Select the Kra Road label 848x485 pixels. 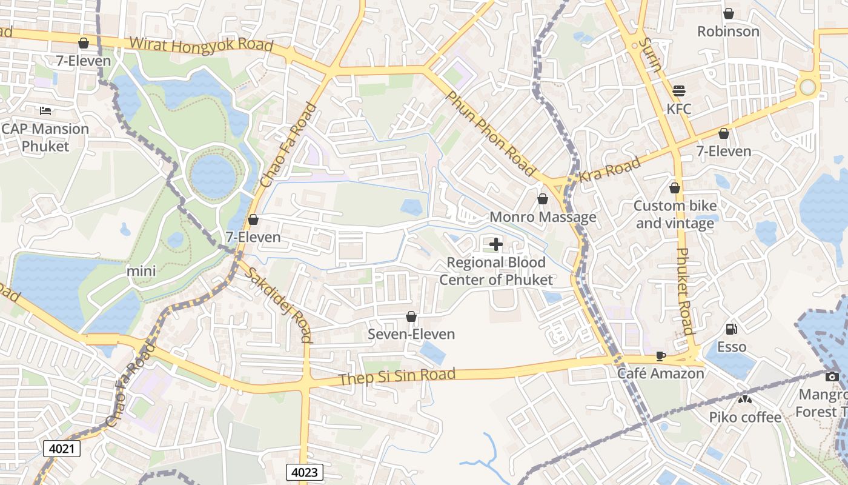tap(609, 170)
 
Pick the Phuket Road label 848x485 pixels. tap(683, 291)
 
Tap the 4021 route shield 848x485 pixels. tap(62, 449)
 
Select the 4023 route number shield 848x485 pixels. tap(304, 472)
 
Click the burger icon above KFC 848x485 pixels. tap(679, 91)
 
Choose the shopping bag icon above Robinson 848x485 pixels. tap(728, 13)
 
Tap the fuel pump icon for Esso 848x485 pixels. tap(732, 329)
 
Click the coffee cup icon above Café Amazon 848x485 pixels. tap(661, 356)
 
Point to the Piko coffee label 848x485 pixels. tap(745, 417)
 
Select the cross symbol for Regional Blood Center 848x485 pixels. tap(496, 244)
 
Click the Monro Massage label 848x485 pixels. tap(543, 217)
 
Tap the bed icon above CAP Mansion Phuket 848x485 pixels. tap(45, 110)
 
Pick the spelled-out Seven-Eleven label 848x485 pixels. tap(411, 334)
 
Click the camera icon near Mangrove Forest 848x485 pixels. tap(832, 376)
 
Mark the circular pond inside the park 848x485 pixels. tap(213, 176)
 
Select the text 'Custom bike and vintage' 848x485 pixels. tap(675, 215)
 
